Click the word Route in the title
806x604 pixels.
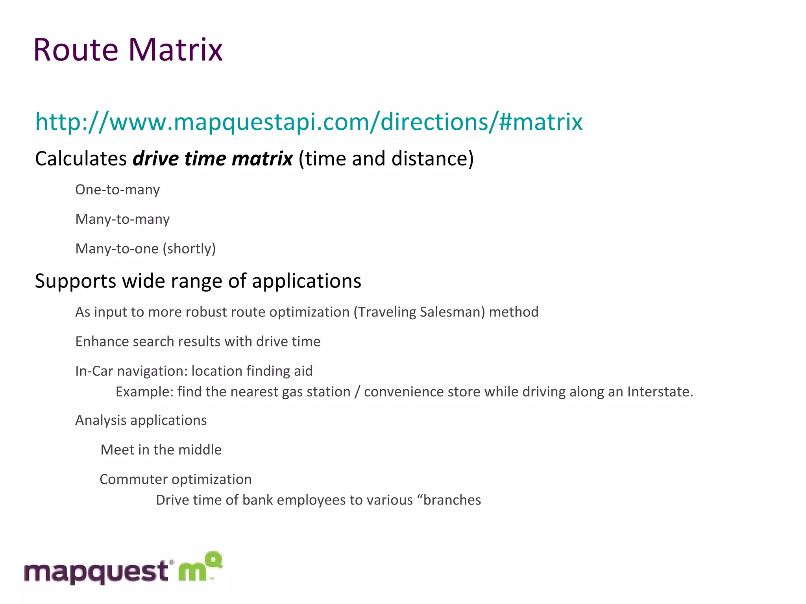point(76,50)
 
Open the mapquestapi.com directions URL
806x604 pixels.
point(309,122)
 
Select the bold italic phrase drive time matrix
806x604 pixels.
point(213,159)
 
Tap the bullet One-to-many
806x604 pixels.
point(117,190)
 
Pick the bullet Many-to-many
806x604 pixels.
point(122,219)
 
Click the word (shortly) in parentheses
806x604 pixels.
point(189,249)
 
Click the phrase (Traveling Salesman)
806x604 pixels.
point(419,312)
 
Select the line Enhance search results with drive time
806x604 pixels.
point(198,342)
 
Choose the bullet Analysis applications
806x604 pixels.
point(141,420)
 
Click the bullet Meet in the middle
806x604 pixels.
point(161,450)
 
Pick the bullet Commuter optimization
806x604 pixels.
point(176,479)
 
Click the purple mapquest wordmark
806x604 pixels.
point(96,572)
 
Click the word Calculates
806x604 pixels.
point(81,159)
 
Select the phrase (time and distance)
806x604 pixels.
point(386,159)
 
